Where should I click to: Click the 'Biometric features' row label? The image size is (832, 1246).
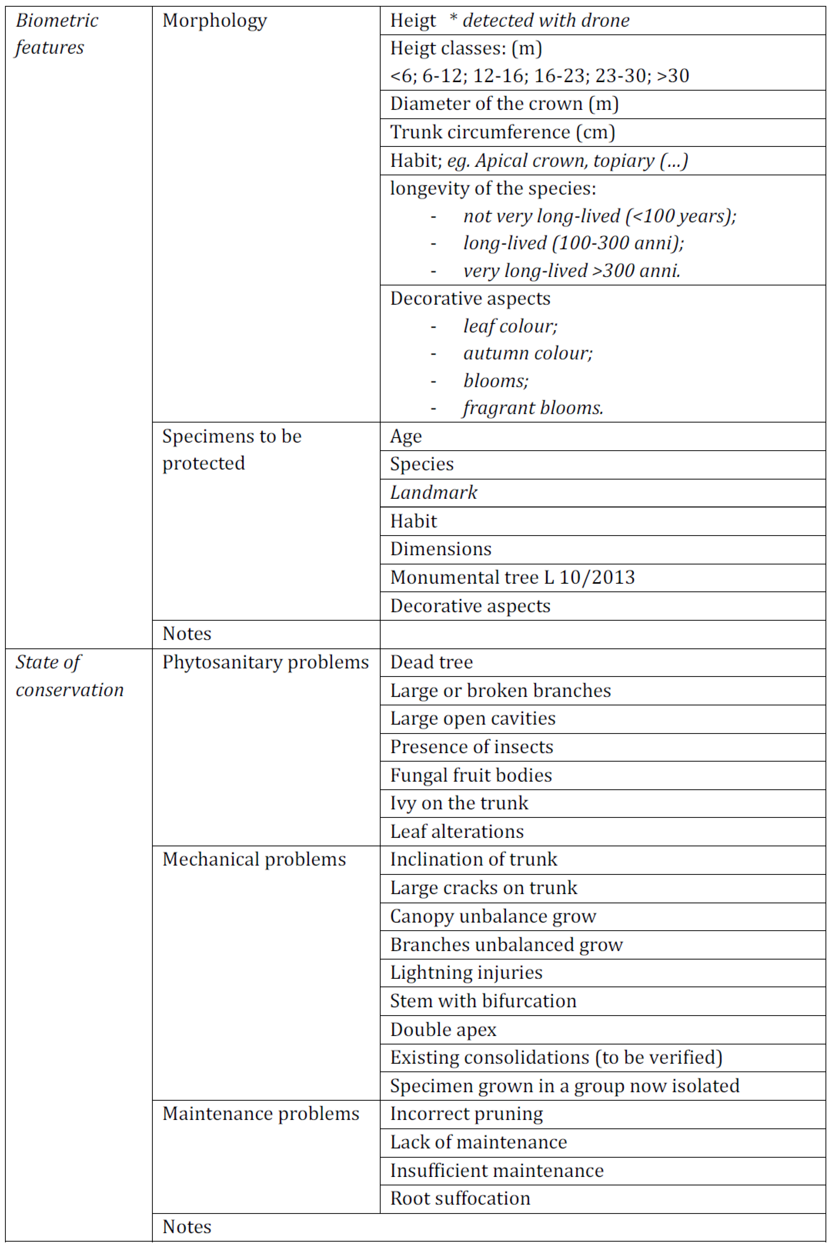click(57, 34)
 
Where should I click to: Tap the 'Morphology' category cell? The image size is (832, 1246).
click(214, 21)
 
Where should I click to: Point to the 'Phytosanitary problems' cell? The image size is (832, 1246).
click(265, 662)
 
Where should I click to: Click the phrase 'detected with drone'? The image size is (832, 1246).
click(546, 21)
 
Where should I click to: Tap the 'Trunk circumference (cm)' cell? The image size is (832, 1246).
click(503, 132)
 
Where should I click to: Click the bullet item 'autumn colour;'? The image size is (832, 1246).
click(527, 353)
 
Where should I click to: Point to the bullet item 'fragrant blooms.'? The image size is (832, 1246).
click(533, 408)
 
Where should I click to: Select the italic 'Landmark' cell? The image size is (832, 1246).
click(433, 493)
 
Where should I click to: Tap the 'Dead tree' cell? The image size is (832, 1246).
click(431, 662)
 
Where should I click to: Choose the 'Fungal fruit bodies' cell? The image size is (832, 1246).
click(471, 775)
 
